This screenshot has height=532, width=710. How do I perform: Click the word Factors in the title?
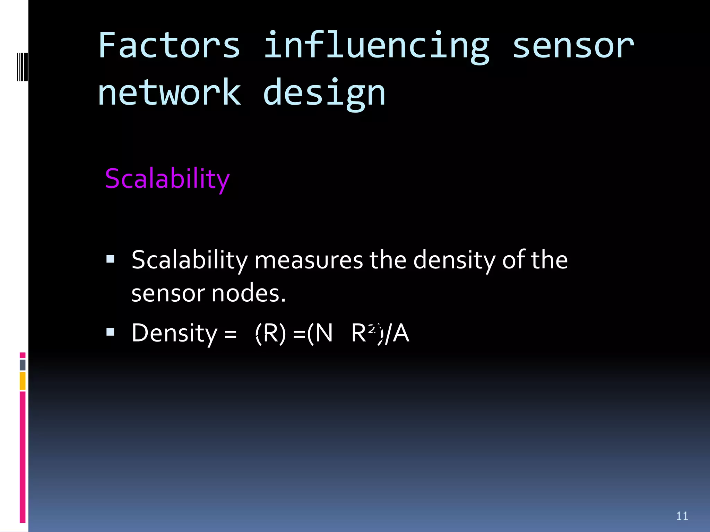pos(169,46)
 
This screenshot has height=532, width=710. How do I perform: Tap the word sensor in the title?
pos(573,46)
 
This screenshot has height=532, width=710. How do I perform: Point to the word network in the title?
pos(169,92)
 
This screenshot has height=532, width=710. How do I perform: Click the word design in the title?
pos(324,93)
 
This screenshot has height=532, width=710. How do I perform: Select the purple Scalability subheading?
pos(167,179)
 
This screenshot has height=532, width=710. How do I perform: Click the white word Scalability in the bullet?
pos(190,260)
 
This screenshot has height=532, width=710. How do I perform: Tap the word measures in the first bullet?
pos(309,260)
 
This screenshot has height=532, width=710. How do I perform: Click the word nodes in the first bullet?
pos(248,293)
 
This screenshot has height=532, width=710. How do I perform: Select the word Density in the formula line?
pos(174,333)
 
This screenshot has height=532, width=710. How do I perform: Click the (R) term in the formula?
pos(270,333)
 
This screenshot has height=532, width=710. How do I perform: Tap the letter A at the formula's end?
pos(401,333)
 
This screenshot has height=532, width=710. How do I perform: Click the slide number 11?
pos(682,516)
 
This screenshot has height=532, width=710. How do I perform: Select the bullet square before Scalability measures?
pos(110,259)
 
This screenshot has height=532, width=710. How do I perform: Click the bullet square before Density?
pos(110,332)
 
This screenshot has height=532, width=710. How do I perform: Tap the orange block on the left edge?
pos(23,381)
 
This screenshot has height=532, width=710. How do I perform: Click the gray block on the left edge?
pos(23,365)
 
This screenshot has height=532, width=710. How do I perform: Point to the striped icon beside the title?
pos(22,66)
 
